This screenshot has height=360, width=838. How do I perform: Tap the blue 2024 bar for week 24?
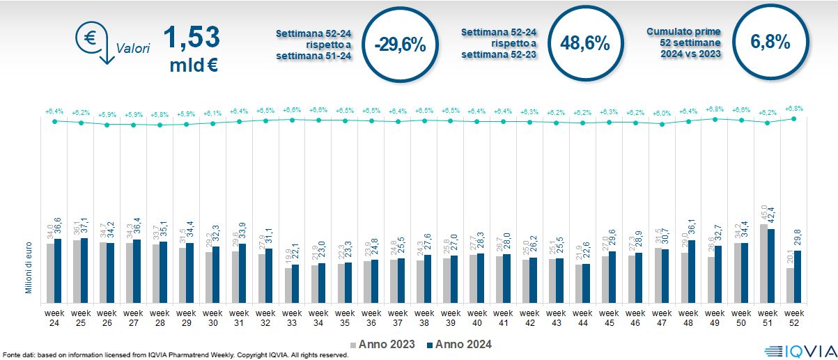pos(58,272)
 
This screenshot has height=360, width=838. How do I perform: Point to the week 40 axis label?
pos(476,318)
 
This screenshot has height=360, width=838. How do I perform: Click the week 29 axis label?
pos(186,318)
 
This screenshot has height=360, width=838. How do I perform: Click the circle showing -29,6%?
pos(399,45)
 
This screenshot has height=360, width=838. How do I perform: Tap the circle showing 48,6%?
pos(584,43)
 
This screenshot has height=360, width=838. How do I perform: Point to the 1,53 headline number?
pos(191,37)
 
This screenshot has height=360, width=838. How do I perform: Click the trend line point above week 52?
pos(794,119)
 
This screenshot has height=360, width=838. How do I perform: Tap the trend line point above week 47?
pos(662,125)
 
